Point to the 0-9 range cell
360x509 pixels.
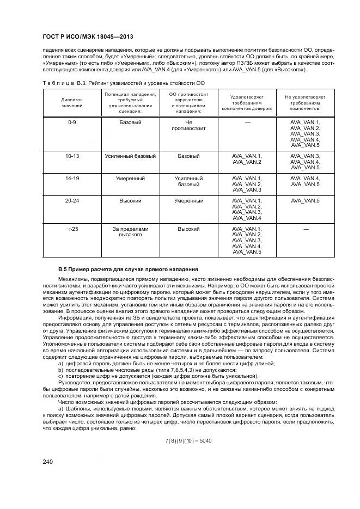(72, 123)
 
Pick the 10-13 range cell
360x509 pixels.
(72, 156)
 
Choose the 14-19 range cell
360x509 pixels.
(72, 179)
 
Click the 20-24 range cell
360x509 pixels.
(72, 201)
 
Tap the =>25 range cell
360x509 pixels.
(72, 229)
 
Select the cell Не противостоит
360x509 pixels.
(189, 126)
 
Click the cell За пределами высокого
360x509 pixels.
(130, 232)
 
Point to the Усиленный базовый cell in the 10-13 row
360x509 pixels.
(130, 156)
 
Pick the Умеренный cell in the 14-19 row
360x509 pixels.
(130, 179)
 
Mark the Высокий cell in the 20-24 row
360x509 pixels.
(130, 201)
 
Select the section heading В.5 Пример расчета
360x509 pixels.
(128, 269)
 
